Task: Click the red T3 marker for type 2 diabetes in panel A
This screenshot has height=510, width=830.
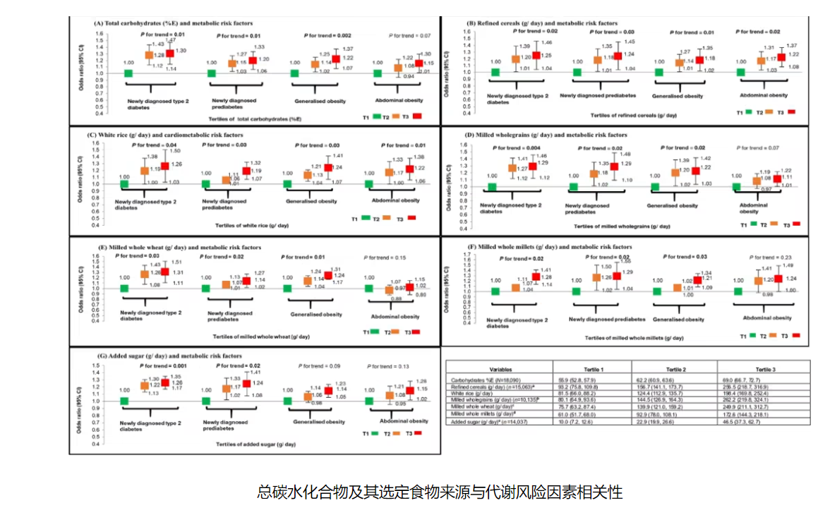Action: (170, 53)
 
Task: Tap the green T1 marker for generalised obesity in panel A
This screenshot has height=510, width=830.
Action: (294, 73)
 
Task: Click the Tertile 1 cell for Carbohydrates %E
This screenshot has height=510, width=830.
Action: (579, 379)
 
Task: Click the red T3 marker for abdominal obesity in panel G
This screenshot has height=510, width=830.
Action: (410, 390)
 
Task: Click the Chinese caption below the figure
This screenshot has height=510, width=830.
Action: (440, 490)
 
